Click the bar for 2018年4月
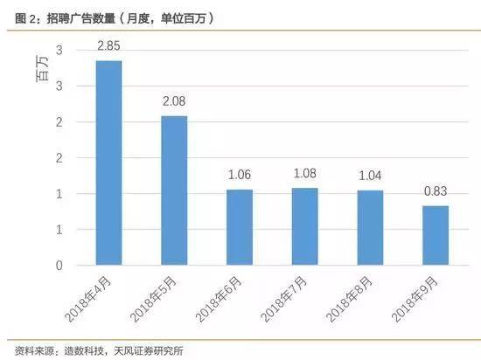[x=109, y=163]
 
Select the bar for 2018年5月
[x=174, y=190]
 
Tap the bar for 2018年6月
[x=240, y=227]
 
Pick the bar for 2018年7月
[x=305, y=226]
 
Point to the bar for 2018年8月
[x=370, y=228]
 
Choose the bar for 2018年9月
[x=436, y=235]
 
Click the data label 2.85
[x=109, y=46]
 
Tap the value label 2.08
[x=174, y=101]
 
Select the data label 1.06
[x=240, y=175]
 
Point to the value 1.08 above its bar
[x=305, y=173]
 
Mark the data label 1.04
[x=370, y=176]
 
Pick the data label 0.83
[x=436, y=191]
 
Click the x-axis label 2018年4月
[x=88, y=299]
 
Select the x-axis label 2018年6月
[x=219, y=299]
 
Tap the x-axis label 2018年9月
[x=415, y=299]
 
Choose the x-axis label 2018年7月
[x=284, y=299]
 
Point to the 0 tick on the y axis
[x=59, y=266]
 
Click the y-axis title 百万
[x=42, y=69]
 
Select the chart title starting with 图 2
[x=114, y=18]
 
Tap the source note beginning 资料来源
[x=99, y=350]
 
